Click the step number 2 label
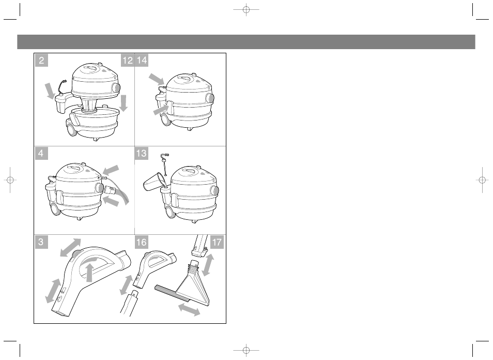[x=41, y=61]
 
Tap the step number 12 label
[x=127, y=61]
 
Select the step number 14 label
[x=142, y=61]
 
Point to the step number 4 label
[x=41, y=153]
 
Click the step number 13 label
[x=142, y=153]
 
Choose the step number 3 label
[x=41, y=242]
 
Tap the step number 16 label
[x=142, y=242]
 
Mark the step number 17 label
[x=217, y=242]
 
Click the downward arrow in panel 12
[x=124, y=103]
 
